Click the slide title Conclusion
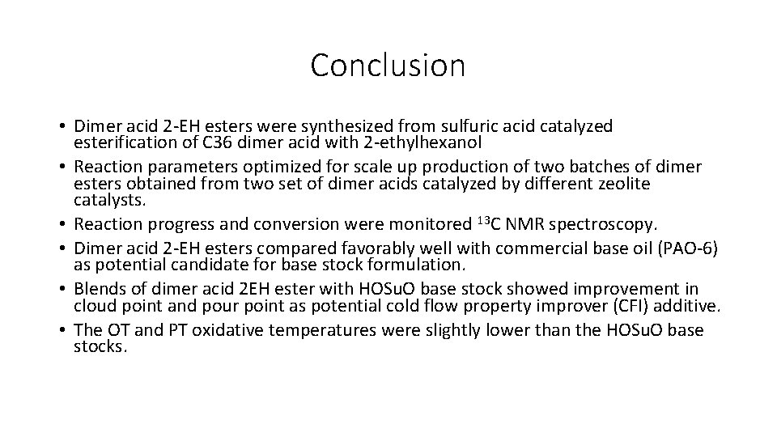(388, 66)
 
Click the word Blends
(98, 290)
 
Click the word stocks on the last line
(100, 346)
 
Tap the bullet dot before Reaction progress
(62, 224)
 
